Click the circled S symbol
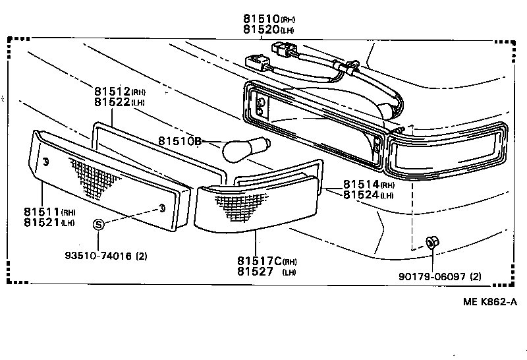pos(98,224)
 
